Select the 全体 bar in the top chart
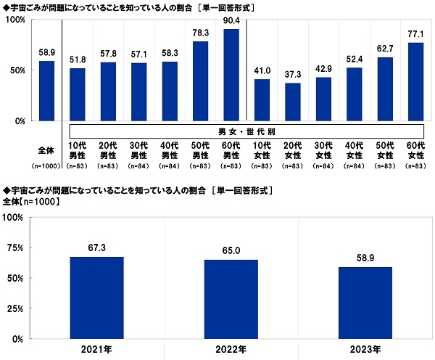(x=46, y=91)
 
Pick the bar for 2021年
(x=96, y=298)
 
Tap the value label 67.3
(x=96, y=248)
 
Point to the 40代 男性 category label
(x=170, y=150)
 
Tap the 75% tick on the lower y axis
(x=17, y=247)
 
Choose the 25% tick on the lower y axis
(x=17, y=308)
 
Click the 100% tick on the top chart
(x=14, y=20)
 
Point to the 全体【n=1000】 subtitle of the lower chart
(x=31, y=201)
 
